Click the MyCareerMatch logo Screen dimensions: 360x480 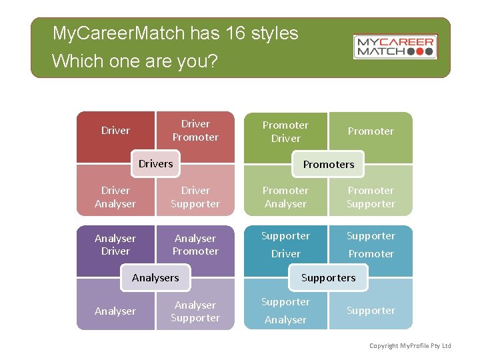pos(395,47)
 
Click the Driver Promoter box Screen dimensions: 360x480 pos(195,130)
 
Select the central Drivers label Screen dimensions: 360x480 pos(155,164)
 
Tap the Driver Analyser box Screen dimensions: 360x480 pos(115,197)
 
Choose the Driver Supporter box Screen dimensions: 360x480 pos(195,197)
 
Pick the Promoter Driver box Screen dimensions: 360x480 pos(285,131)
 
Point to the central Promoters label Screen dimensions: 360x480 pos(329,164)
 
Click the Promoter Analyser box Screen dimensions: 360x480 pos(285,197)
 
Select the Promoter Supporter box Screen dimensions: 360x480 pos(371,197)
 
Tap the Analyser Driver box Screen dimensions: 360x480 pos(115,245)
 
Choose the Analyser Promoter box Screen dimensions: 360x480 pos(195,245)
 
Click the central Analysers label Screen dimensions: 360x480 pos(155,277)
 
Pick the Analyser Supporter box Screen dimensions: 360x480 pos(195,311)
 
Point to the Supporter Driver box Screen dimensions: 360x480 pos(285,245)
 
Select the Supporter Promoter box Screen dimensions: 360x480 pos(371,245)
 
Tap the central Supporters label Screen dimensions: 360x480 pos(329,277)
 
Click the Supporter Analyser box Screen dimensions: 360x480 pos(285,311)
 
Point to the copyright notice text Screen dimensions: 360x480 pos(411,345)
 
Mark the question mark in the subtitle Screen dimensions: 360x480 pos(213,61)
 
